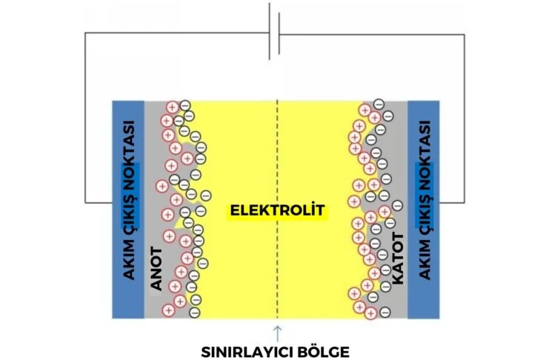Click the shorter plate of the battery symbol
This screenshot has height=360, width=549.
pos(279,33)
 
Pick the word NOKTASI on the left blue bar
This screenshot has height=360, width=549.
pos(128,153)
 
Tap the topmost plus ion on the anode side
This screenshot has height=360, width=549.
pos(173,106)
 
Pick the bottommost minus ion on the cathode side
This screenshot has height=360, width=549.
pos(385,312)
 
